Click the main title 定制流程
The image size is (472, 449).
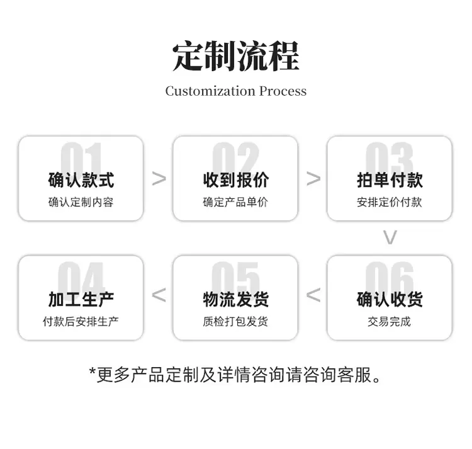(x=236, y=56)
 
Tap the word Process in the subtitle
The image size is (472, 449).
(x=283, y=91)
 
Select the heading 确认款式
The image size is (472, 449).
(x=81, y=180)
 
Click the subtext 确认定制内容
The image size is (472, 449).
(x=81, y=202)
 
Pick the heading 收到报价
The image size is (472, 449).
(x=236, y=180)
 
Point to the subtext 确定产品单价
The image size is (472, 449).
(x=235, y=202)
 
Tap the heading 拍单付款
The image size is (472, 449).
(x=390, y=180)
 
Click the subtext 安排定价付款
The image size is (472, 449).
(x=390, y=202)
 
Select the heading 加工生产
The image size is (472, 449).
(x=81, y=300)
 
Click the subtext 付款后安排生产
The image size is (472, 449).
(x=81, y=321)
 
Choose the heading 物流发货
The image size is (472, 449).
(x=236, y=300)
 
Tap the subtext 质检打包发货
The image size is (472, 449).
(x=235, y=321)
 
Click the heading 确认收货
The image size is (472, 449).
(x=390, y=300)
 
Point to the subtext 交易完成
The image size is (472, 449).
(x=389, y=321)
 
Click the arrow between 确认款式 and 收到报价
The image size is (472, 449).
(x=159, y=178)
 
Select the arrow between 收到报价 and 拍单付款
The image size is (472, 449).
(x=313, y=178)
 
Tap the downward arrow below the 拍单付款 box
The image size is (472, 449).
(x=390, y=237)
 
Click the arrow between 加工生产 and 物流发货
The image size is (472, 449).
(x=159, y=295)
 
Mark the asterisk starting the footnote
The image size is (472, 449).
(x=93, y=371)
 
